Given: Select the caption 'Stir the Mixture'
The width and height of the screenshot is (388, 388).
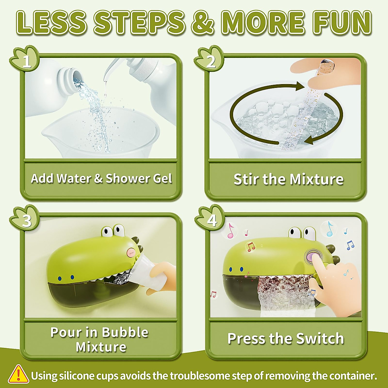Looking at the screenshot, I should [288, 179].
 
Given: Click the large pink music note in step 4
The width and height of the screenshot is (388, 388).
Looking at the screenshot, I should [230, 231].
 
